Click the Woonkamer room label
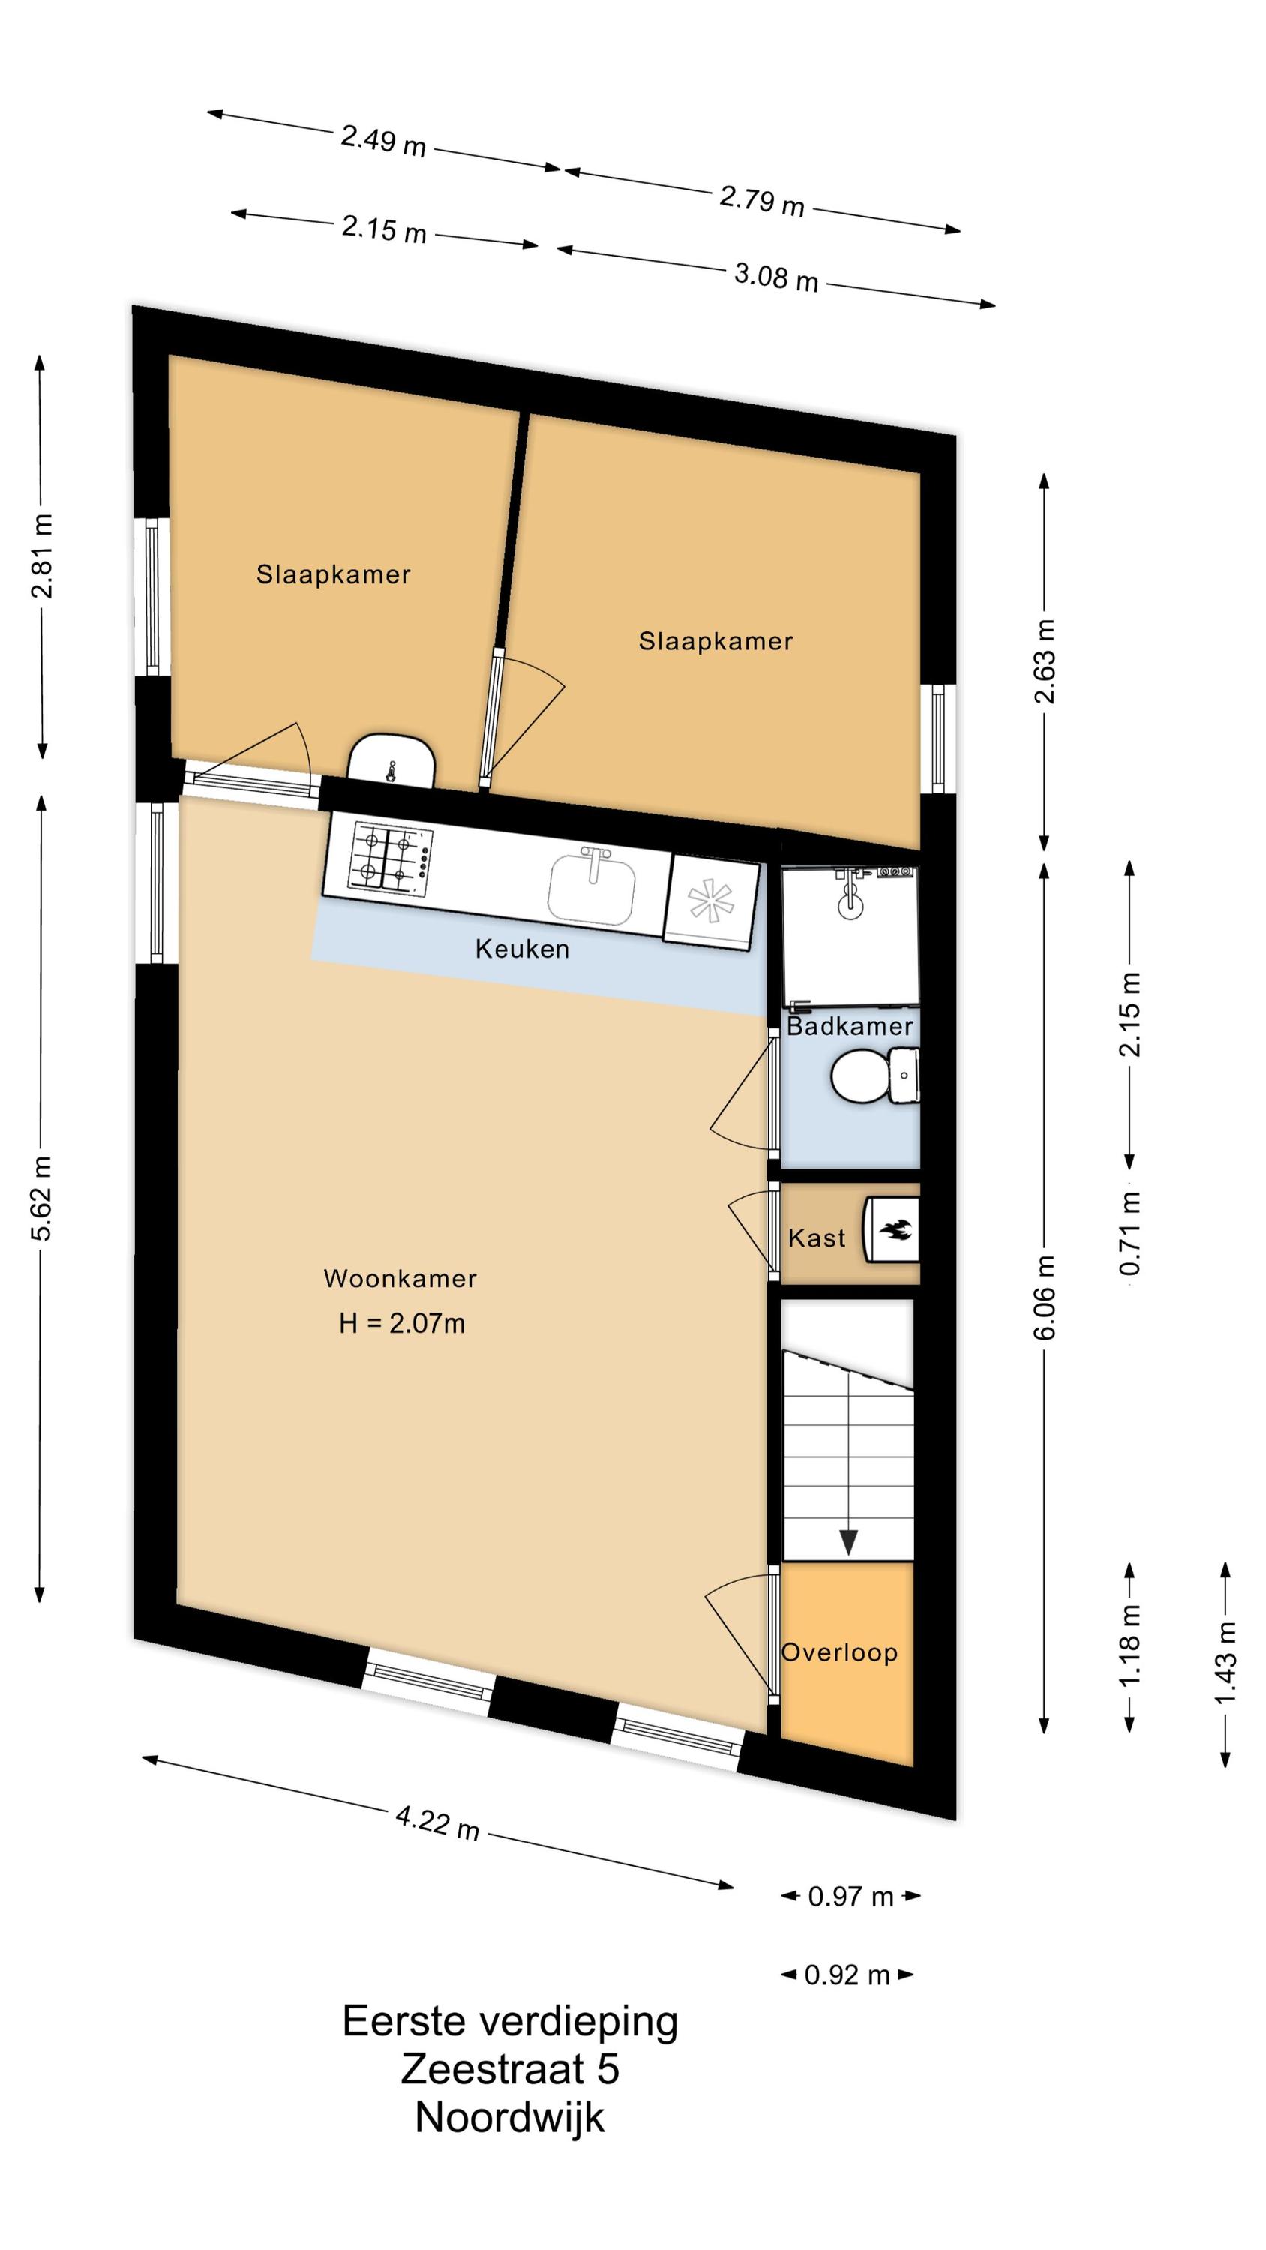400,1279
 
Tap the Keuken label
521,949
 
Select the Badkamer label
849,1026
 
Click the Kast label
816,1237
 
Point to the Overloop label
838,1652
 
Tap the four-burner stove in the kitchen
391,859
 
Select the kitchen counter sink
592,886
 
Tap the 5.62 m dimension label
42,1196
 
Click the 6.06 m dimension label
1045,1296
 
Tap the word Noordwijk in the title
510,2117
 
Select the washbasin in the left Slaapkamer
391,762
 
